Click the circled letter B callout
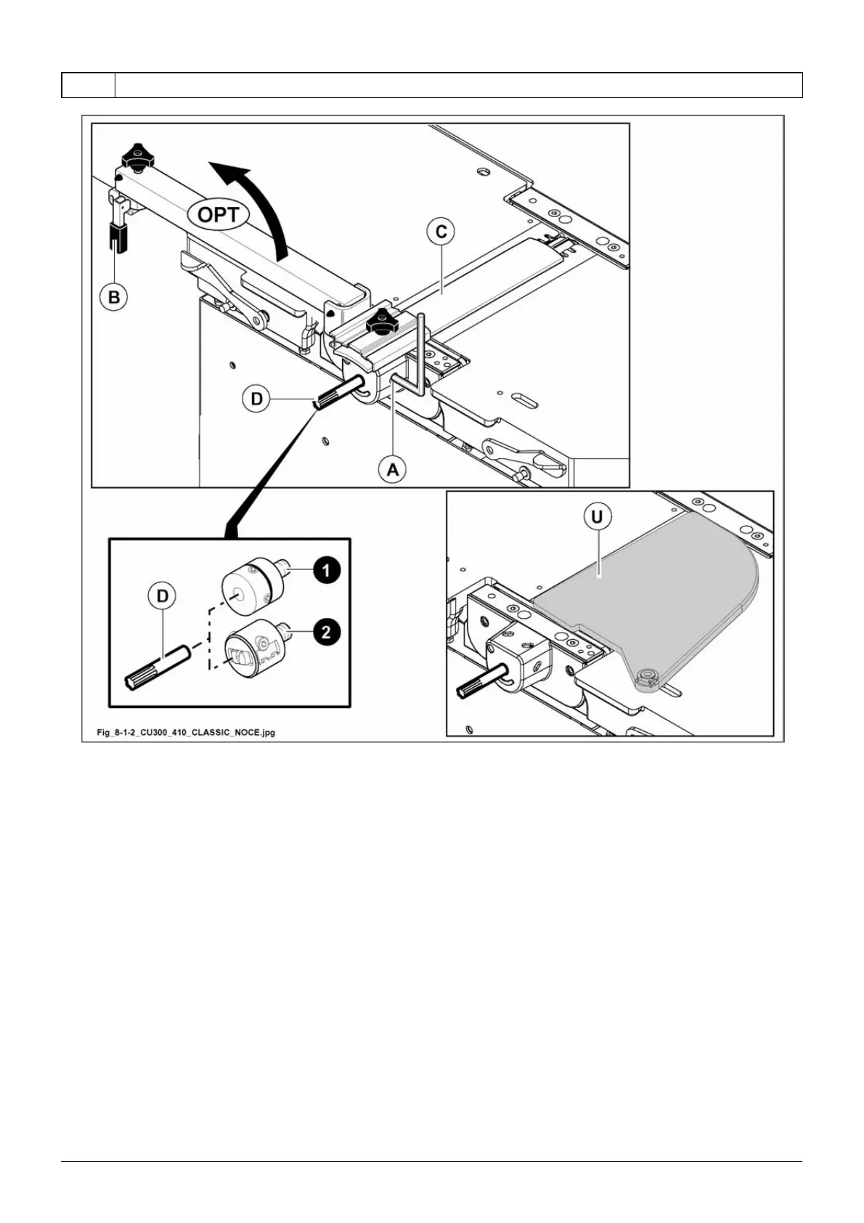(113, 296)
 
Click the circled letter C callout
(441, 233)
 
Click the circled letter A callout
(392, 470)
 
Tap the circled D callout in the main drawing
(257, 399)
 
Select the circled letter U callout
(597, 518)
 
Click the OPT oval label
(219, 214)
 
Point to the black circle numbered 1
(326, 571)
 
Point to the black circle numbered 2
(326, 632)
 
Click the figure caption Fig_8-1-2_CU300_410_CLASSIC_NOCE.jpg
(186, 732)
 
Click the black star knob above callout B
(136, 155)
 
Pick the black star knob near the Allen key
(380, 319)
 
